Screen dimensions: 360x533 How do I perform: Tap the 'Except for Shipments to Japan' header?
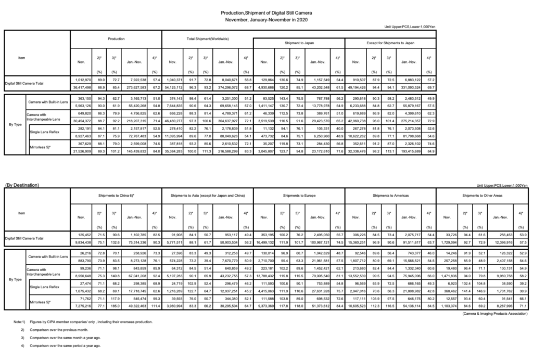390,42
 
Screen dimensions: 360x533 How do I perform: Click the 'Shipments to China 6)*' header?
117,195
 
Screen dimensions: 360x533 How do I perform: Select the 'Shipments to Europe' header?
299,195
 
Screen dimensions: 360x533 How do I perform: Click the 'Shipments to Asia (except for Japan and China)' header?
208,195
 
